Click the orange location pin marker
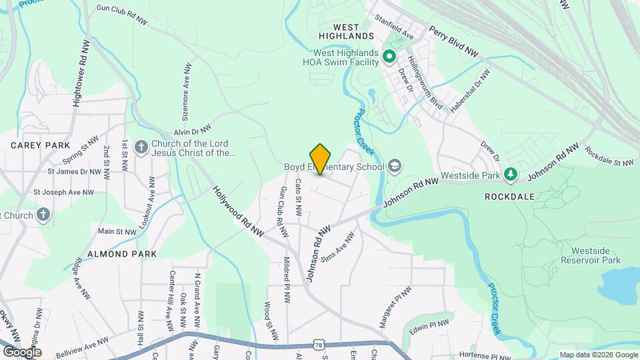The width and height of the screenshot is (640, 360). (x=321, y=159)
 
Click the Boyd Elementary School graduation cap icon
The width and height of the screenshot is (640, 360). (x=395, y=165)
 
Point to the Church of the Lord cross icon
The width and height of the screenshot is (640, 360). (x=141, y=147)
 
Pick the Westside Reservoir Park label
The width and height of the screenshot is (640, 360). (x=591, y=255)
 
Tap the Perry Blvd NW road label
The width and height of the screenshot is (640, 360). (x=453, y=41)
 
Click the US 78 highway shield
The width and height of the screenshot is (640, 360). (x=317, y=344)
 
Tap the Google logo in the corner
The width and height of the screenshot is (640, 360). (x=22, y=351)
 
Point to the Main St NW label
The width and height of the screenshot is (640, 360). (x=117, y=232)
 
